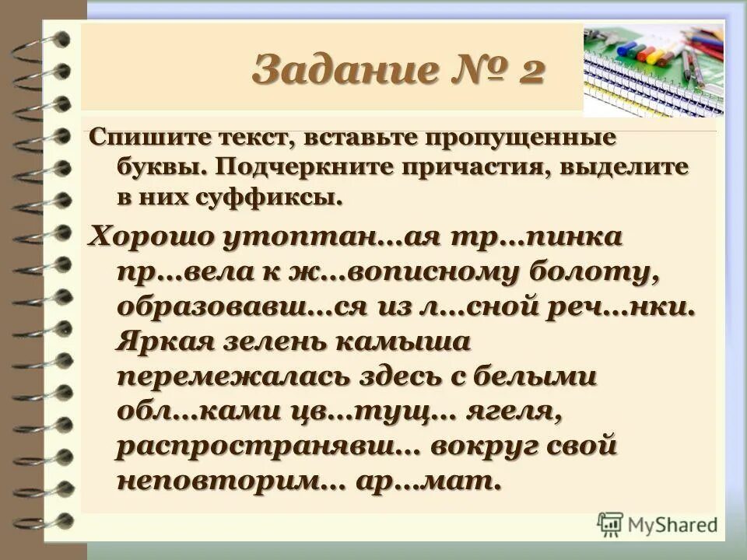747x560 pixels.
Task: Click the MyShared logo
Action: pyautogui.click(x=658, y=523)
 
